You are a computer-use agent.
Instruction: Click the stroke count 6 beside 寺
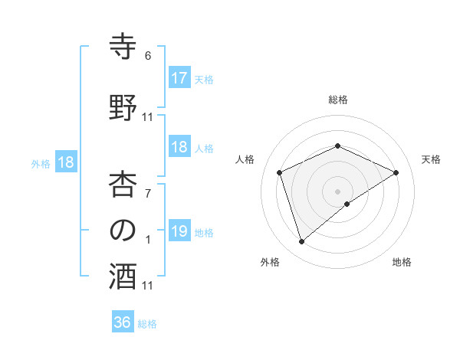click(148, 56)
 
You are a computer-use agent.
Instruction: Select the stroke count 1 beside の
click(148, 239)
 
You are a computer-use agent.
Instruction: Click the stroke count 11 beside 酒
click(148, 286)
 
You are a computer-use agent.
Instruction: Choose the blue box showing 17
click(179, 78)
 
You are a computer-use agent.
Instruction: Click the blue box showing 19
click(179, 231)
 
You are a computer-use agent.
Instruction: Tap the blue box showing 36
click(123, 322)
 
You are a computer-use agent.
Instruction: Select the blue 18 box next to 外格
click(65, 162)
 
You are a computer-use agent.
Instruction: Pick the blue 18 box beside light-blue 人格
click(179, 147)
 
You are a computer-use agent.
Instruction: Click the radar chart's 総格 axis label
click(337, 100)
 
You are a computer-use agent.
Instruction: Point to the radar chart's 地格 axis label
click(402, 262)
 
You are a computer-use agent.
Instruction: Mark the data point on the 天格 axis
click(396, 172)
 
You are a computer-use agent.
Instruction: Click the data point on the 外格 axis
click(301, 242)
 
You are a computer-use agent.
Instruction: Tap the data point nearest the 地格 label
click(347, 204)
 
